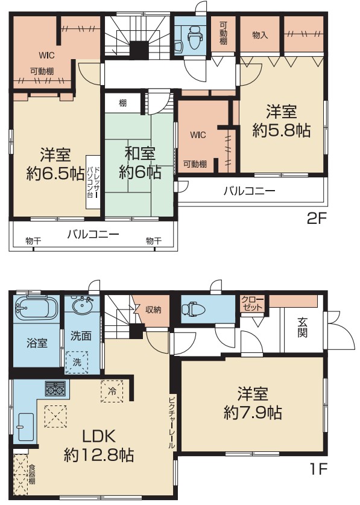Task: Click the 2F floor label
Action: coord(317,219)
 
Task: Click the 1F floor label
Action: coord(318,469)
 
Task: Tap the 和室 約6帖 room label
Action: coord(140,163)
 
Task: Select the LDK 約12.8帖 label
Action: coord(99,446)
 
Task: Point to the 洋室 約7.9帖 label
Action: coord(253,403)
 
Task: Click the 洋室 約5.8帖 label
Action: coord(282,121)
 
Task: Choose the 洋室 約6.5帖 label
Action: coord(55,164)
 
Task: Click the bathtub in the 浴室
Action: coord(36,308)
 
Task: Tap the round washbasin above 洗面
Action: coord(83,303)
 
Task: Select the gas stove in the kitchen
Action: coord(55,389)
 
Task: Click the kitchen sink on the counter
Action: coord(26,427)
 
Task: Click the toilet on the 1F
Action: coord(193,309)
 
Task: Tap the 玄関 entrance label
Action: coord(302,327)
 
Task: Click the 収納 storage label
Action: coord(153,310)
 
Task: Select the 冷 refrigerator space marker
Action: coord(112,392)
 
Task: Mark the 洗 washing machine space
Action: coord(77,363)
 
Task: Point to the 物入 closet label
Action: coord(259,34)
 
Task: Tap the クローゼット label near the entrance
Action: coord(253,303)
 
